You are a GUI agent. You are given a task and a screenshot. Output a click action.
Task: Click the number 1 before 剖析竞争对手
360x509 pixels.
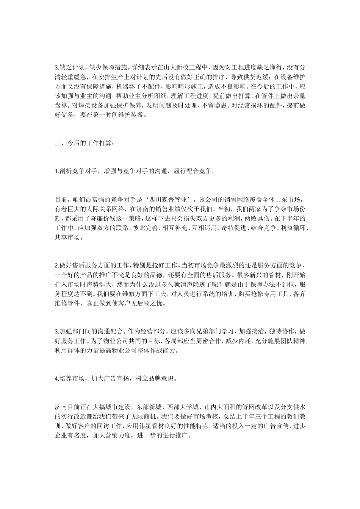pyautogui.click(x=56, y=171)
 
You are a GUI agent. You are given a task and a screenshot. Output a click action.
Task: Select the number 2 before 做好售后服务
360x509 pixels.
pyautogui.click(x=56, y=265)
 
